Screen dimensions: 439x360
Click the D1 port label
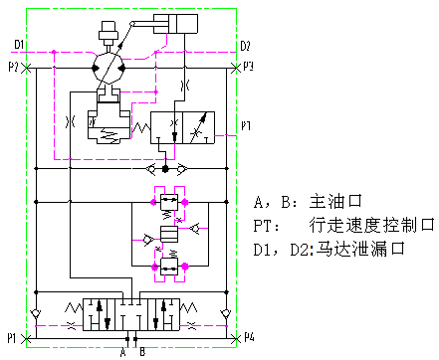tap(19, 44)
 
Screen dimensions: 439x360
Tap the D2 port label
tap(245, 46)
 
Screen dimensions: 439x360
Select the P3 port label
tap(248, 67)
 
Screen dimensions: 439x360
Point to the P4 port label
tap(249, 337)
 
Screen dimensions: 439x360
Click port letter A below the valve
tap(123, 352)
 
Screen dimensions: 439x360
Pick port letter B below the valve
tap(142, 352)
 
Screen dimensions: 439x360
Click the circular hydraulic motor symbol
tap(109, 69)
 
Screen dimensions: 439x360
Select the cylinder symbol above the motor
tap(175, 24)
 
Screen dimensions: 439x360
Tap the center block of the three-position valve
tap(131, 314)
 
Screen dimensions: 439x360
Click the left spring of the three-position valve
tap(74, 308)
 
